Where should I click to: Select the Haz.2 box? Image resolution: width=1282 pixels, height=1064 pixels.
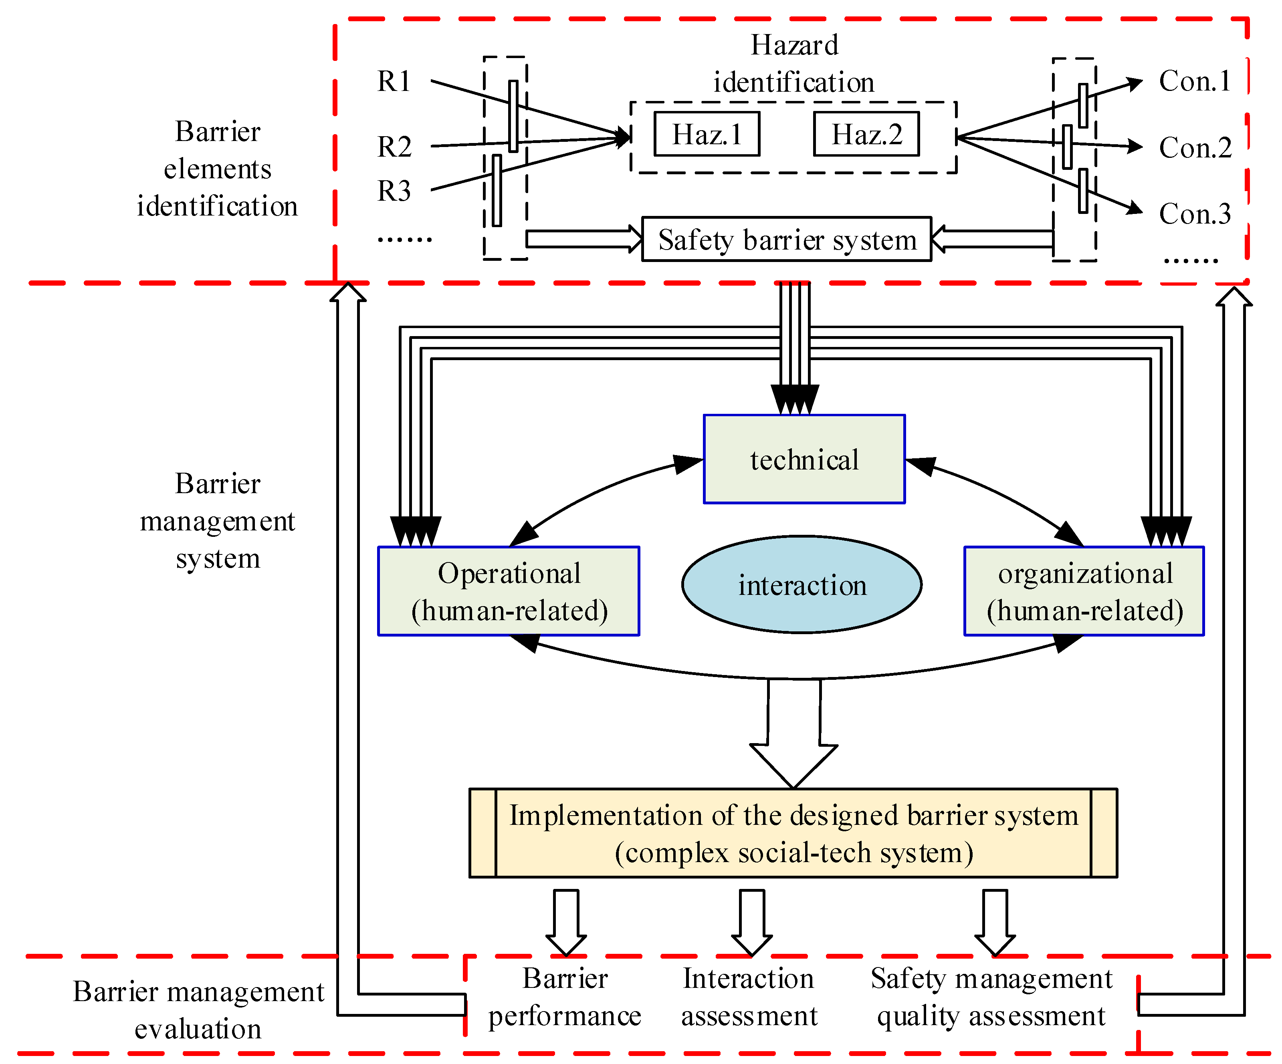(866, 134)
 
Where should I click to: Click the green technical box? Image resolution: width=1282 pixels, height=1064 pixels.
(804, 459)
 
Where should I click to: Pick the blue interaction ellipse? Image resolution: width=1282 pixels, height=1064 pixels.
(802, 584)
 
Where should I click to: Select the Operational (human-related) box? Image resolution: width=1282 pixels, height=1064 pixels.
(509, 591)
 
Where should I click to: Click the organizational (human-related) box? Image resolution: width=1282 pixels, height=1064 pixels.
(1084, 591)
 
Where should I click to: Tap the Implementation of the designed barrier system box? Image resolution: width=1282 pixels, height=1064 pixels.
(793, 833)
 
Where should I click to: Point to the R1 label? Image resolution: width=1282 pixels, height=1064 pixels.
(394, 81)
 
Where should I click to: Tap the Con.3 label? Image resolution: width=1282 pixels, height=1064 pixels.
(1195, 214)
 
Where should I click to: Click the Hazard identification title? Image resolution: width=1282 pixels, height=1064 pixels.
(794, 63)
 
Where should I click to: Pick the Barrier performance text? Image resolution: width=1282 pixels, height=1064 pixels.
(565, 997)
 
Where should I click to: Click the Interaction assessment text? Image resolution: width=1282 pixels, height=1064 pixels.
(749, 997)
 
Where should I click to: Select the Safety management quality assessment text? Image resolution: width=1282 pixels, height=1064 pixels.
(991, 997)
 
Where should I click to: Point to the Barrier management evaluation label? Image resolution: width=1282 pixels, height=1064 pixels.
(198, 1010)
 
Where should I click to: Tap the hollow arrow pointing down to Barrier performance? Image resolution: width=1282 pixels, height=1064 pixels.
(566, 921)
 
